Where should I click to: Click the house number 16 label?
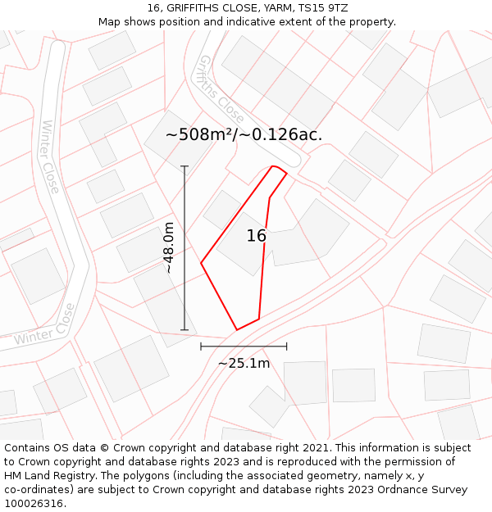257,236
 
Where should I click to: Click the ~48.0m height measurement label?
168,247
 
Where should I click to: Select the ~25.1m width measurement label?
244,363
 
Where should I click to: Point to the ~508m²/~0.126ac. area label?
244,135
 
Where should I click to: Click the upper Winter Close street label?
50,156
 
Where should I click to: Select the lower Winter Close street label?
45,326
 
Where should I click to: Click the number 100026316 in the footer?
36,503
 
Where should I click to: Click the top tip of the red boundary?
273,166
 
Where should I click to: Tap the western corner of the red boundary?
201,263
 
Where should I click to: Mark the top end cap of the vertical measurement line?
184,166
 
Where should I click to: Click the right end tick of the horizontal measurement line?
287,347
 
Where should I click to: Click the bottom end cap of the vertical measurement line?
184,330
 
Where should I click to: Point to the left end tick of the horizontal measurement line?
201,347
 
